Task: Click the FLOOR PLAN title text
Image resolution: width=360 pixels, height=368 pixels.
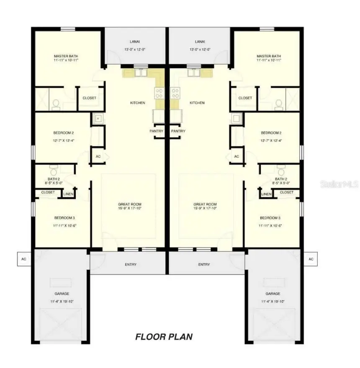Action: [x=164, y=337]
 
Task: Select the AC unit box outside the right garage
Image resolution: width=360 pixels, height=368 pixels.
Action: [x=311, y=259]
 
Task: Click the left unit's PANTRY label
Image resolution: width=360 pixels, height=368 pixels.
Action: [x=156, y=131]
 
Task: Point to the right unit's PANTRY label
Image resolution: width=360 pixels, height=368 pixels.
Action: [x=178, y=131]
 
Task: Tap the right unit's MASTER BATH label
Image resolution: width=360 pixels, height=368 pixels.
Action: [x=268, y=56]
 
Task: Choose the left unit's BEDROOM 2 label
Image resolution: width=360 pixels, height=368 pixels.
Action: [x=64, y=133]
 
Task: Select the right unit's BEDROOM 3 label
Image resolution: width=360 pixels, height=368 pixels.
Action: [x=270, y=218]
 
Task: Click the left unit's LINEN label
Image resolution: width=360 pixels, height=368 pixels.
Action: [x=68, y=194]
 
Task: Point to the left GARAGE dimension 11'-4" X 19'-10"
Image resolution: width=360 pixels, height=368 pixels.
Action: [x=62, y=302]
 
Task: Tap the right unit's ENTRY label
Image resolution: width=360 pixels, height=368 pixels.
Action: [x=204, y=264]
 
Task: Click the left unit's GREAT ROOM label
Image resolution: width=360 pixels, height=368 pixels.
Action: [x=129, y=204]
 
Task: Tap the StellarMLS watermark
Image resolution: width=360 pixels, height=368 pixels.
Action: [x=339, y=184]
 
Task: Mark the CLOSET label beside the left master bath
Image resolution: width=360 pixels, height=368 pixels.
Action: [x=89, y=98]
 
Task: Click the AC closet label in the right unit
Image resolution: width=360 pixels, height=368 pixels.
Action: [x=236, y=156]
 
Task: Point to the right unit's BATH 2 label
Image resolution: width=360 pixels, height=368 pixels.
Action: [x=281, y=179]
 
